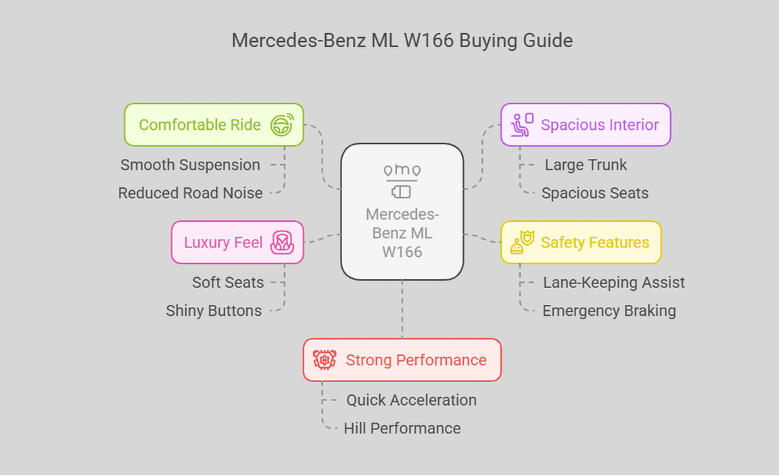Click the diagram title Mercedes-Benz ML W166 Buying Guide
402,41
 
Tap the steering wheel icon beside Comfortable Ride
282,125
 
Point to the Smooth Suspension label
190,165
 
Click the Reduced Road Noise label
190,193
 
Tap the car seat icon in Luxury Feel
282,243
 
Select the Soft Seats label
228,283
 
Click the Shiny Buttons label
214,311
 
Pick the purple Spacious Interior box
586,125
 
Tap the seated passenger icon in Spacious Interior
521,125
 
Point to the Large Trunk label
586,165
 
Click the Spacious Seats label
594,193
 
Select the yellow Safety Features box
581,243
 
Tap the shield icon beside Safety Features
521,243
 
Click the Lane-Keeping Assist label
613,283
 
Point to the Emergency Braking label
609,311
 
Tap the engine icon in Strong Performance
325,360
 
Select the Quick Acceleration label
411,400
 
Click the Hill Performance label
402,429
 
